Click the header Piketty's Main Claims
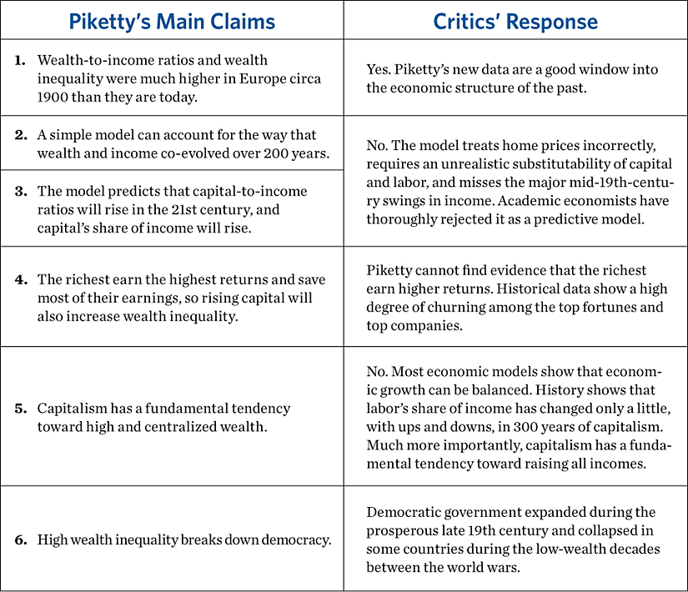[x=172, y=21]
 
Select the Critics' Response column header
[x=515, y=21]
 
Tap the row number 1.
[x=19, y=61]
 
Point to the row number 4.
[x=19, y=280]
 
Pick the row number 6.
[x=19, y=539]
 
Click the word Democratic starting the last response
[x=404, y=511]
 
